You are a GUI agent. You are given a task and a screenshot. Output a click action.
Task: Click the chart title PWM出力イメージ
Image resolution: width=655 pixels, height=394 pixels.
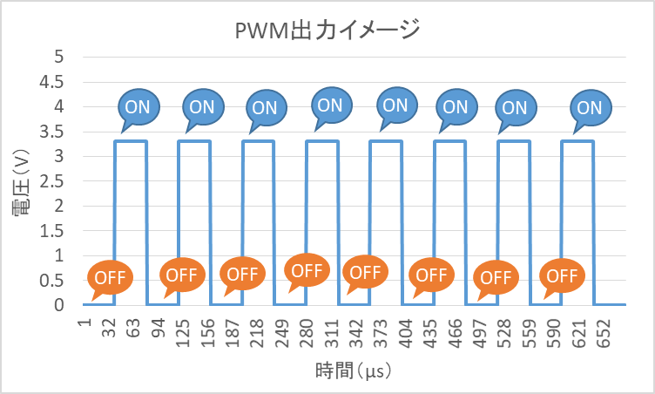tap(327, 31)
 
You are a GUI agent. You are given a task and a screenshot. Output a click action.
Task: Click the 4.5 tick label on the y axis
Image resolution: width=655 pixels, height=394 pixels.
tap(53, 82)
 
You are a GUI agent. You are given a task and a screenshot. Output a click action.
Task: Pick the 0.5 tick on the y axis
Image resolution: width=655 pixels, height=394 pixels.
tap(53, 281)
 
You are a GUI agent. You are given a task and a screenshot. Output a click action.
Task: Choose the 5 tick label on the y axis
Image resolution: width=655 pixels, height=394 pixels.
tap(60, 57)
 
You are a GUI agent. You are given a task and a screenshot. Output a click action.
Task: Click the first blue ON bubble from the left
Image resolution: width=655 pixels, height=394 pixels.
tap(138, 106)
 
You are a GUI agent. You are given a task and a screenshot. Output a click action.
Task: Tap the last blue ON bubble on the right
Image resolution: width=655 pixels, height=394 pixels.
tap(589, 108)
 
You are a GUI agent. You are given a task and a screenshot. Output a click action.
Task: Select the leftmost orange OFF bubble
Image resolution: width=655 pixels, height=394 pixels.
tap(110, 277)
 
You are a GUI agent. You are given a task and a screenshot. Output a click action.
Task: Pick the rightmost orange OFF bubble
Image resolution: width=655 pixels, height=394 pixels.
tap(562, 276)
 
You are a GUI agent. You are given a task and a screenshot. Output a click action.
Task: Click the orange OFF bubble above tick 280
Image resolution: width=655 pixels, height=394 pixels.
tap(307, 269)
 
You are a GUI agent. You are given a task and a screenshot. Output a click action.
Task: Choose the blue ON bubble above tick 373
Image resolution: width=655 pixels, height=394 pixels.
tap(395, 105)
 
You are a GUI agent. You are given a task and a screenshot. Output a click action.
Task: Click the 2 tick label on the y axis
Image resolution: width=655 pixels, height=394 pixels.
tap(60, 207)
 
